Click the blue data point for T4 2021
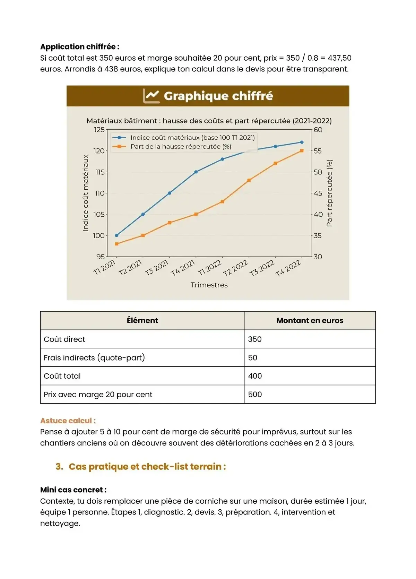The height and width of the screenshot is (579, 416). click(196, 172)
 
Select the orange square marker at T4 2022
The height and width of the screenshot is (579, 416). click(302, 151)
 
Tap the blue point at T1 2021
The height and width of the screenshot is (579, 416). click(116, 235)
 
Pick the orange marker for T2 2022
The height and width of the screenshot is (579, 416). click(249, 180)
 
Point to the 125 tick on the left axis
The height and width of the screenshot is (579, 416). click(99, 130)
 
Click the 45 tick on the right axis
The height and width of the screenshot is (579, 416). click(318, 193)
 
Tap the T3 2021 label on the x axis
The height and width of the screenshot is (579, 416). click(157, 268)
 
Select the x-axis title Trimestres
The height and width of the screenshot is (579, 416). click(209, 285)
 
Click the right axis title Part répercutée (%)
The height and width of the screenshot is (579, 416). click(329, 193)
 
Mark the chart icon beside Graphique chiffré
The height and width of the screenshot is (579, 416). click(151, 96)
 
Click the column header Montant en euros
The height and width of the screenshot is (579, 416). click(310, 321)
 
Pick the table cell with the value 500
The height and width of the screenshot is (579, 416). click(255, 395)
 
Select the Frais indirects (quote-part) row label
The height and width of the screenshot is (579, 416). click(94, 358)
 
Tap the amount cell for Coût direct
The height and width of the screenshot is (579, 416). click(255, 339)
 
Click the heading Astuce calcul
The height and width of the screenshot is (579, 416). click(68, 421)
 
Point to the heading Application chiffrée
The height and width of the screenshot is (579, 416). click(80, 47)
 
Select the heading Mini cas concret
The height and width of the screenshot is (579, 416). click(73, 490)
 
